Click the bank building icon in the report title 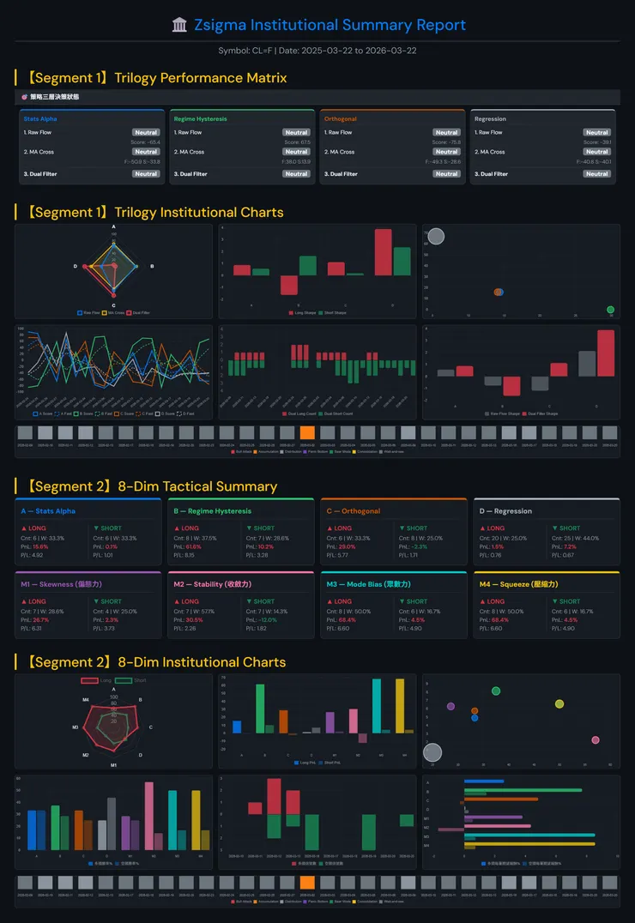pyautogui.click(x=179, y=26)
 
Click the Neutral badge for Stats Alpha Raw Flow pyautogui.click(x=146, y=133)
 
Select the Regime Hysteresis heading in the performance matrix pyautogui.click(x=199, y=119)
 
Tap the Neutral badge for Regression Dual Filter pyautogui.click(x=596, y=174)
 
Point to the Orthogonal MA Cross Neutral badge pyautogui.click(x=446, y=152)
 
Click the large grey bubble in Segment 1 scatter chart pyautogui.click(x=436, y=236)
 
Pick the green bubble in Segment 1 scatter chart pyautogui.click(x=610, y=310)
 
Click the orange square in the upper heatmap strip pyautogui.click(x=307, y=433)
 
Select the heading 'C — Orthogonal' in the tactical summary pyautogui.click(x=353, y=511)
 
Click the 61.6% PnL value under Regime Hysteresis pyautogui.click(x=194, y=546)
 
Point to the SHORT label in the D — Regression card pyautogui.click(x=570, y=528)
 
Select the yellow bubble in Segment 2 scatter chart pyautogui.click(x=559, y=704)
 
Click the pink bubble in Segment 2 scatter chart pyautogui.click(x=596, y=739)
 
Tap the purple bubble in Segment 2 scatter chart pyautogui.click(x=451, y=707)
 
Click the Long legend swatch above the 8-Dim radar pyautogui.click(x=89, y=680)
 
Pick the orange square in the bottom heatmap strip pyautogui.click(x=307, y=883)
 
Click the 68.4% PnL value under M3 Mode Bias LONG pyautogui.click(x=347, y=620)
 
